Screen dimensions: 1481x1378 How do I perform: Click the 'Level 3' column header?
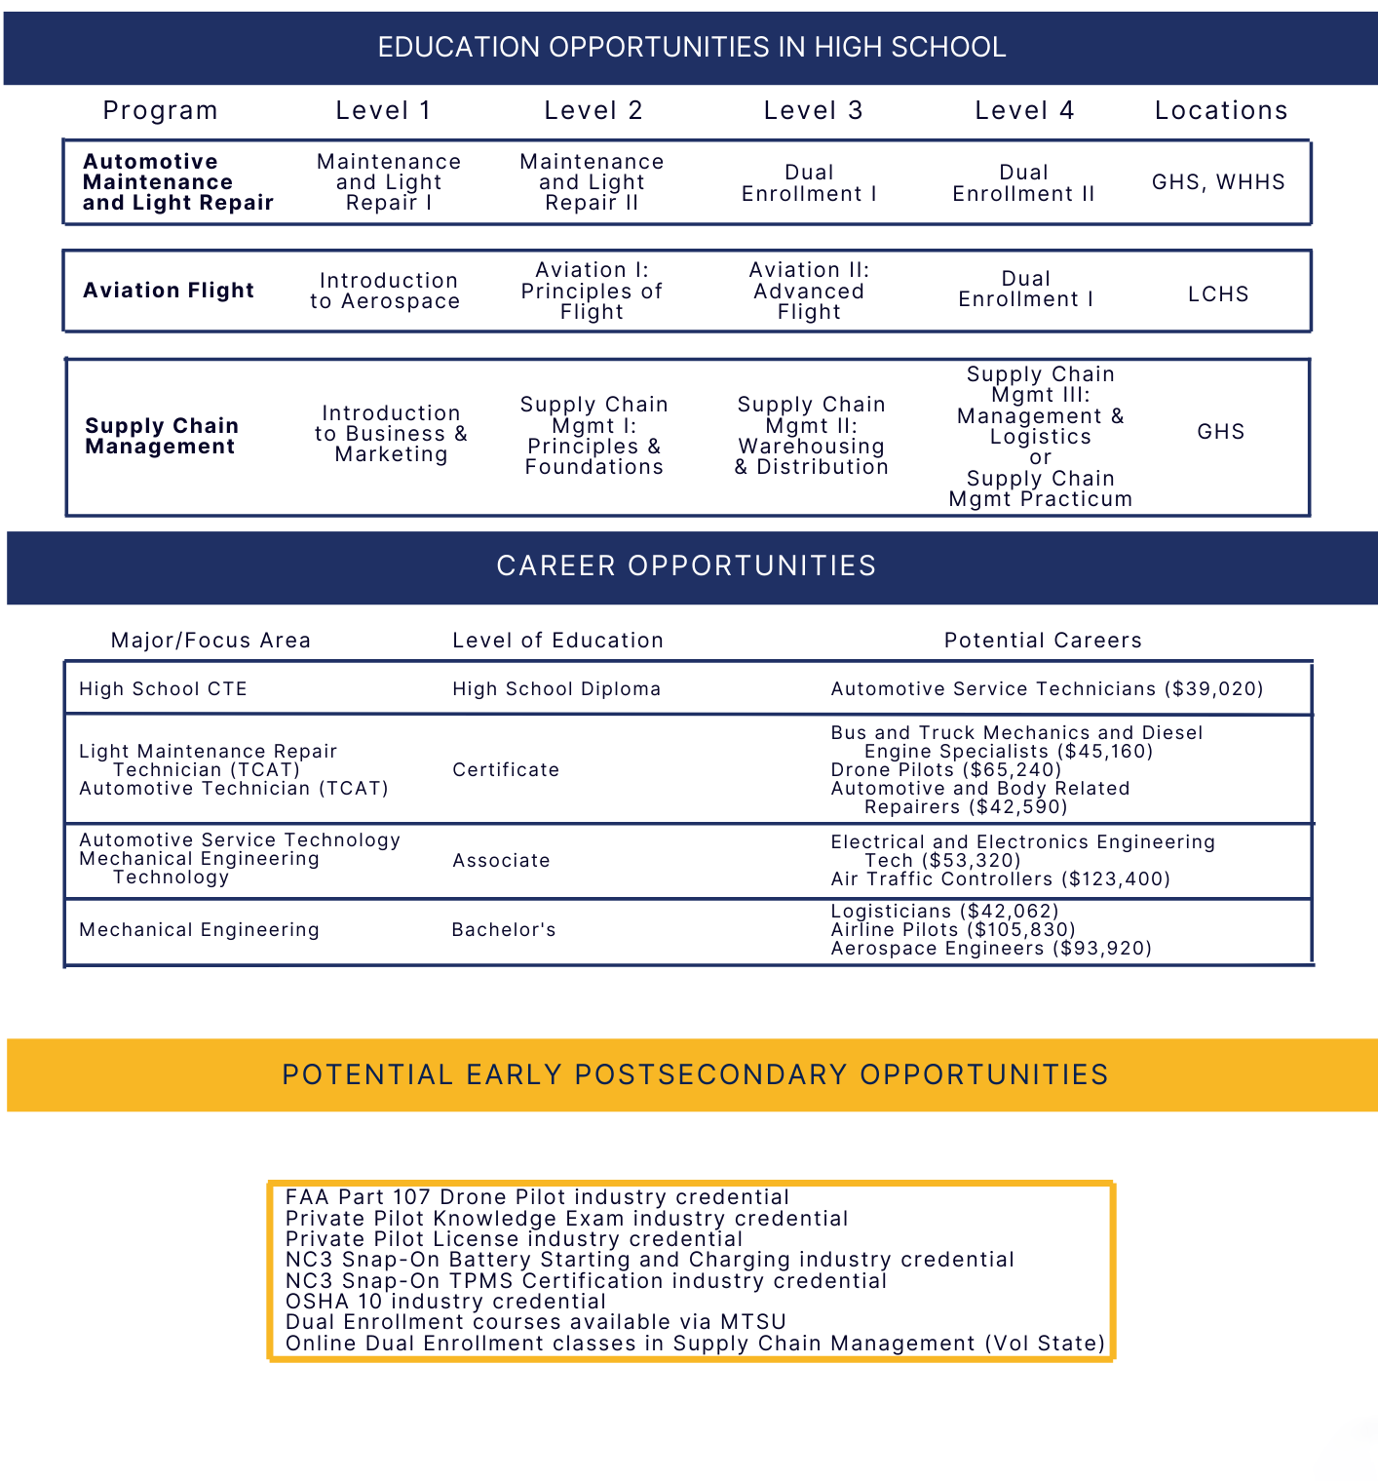coord(813,111)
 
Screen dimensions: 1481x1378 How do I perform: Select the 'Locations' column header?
coord(1220,111)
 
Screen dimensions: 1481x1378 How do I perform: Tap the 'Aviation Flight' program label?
coord(169,291)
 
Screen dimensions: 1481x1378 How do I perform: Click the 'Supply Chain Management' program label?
coord(162,436)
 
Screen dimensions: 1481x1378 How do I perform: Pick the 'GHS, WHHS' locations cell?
coord(1218,182)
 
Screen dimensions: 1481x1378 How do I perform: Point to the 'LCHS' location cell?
coord(1218,294)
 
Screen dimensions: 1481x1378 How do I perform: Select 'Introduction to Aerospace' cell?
coord(387,292)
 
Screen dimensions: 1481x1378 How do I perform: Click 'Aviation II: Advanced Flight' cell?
coord(809,291)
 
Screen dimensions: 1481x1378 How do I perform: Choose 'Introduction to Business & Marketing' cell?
coord(391,434)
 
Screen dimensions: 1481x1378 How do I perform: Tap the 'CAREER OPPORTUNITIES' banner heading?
coord(686,566)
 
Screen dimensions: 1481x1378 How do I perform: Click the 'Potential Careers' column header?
coord(1042,641)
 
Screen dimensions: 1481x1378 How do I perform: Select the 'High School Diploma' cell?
coord(556,689)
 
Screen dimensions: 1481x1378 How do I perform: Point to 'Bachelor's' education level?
coord(504,930)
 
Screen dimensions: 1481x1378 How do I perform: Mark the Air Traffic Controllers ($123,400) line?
coord(1000,879)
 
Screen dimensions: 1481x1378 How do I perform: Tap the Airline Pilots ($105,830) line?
coord(952,930)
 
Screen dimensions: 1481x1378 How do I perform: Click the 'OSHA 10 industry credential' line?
coord(445,1302)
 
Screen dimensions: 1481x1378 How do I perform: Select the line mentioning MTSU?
coord(535,1322)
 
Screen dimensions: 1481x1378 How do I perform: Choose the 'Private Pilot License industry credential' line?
coord(514,1239)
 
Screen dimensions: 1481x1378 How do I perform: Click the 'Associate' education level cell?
coord(501,861)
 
